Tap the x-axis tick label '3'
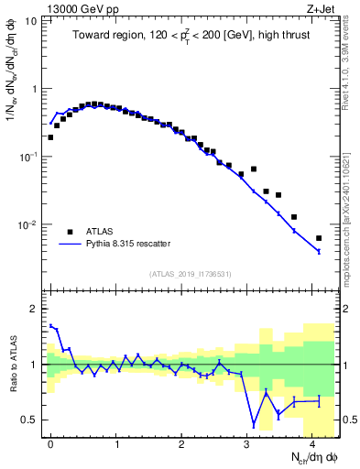pos(247,442)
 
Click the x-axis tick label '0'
pos(50,442)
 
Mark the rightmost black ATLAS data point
pos(319,238)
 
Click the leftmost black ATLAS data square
pos(50,137)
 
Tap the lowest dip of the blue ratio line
pos(254,425)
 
